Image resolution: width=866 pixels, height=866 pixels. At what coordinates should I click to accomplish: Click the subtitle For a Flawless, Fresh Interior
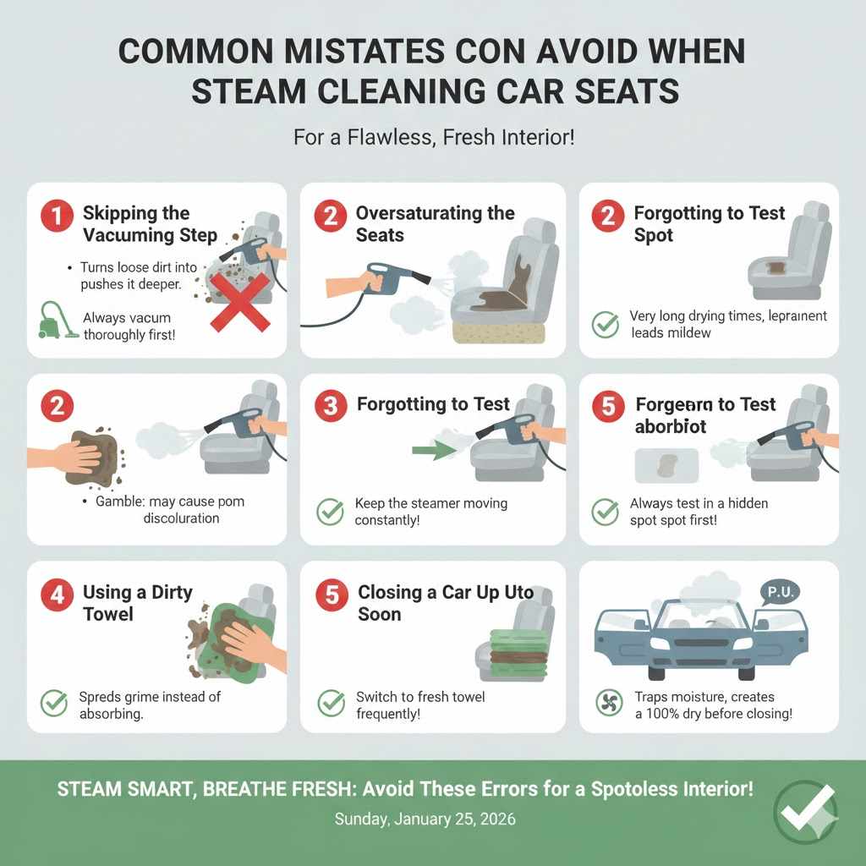(x=433, y=136)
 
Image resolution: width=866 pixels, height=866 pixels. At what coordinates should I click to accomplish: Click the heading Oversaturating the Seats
(x=435, y=223)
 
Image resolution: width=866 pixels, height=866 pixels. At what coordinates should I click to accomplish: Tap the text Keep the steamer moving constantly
(x=431, y=511)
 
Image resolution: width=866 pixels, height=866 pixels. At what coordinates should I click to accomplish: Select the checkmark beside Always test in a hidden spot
(x=606, y=511)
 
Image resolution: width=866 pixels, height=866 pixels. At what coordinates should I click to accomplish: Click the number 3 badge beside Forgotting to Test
(x=330, y=406)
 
